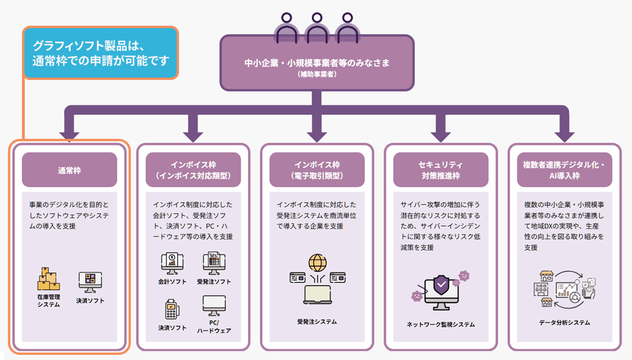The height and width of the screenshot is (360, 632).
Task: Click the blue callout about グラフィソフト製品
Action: tap(101, 53)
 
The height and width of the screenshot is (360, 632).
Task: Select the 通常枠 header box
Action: tap(69, 170)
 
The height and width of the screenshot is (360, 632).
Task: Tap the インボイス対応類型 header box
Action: tap(193, 170)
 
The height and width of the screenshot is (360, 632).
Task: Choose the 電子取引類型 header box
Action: tap(317, 170)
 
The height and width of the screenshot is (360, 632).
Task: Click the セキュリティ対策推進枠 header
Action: tap(441, 170)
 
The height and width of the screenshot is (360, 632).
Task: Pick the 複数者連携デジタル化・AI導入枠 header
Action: tap(565, 170)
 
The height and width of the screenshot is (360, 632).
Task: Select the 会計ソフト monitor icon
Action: tap(172, 263)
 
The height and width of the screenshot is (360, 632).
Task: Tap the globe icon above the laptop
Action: tap(317, 263)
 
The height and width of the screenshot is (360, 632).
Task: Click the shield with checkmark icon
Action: tap(441, 285)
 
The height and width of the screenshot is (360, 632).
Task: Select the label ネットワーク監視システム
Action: tap(441, 324)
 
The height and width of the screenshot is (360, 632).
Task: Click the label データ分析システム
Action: tap(565, 323)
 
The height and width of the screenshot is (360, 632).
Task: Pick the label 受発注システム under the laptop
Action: tap(317, 322)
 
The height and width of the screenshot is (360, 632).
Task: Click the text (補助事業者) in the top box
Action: tap(317, 74)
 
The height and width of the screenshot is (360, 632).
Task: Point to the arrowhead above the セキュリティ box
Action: tap(441, 136)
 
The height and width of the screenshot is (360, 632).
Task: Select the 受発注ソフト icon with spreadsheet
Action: tap(214, 263)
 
